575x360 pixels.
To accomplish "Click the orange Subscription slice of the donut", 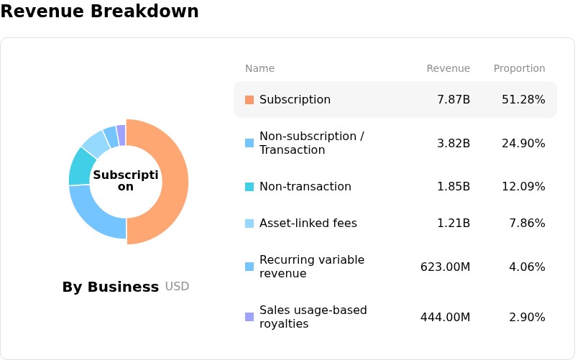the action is coord(175,182).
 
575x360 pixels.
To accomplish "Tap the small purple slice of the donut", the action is coord(121,135).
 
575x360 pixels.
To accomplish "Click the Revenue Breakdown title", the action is coord(99,11).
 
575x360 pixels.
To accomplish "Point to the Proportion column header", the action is coord(519,68).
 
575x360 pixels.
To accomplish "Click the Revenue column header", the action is coord(448,68).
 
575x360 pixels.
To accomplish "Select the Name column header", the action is coord(259,68).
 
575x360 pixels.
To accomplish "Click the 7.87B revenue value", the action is coord(454,99).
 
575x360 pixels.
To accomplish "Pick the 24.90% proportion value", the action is coord(523,143).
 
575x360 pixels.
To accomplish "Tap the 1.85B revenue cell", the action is coord(454,186).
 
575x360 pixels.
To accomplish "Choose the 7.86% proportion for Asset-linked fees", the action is coord(527,223).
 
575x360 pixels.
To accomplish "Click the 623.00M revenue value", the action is coord(445,267).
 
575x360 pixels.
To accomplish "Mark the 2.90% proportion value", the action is coord(527,317).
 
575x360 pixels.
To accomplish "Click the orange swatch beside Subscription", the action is coord(249,100).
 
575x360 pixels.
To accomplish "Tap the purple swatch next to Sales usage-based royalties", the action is coord(249,317).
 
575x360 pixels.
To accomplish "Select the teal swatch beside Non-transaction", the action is coord(249,187).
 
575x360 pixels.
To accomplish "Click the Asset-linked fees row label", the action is coord(308,223).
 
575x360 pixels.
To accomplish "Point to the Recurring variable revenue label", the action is coord(312,267).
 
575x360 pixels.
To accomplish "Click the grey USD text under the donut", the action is coord(177,286).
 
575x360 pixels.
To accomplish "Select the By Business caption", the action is coord(111,287).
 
